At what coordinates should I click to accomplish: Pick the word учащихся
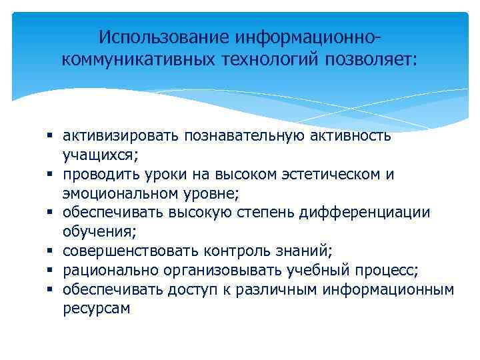[x=100, y=155]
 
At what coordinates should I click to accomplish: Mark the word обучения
[x=99, y=232]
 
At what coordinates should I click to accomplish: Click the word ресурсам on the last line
[x=96, y=309]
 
